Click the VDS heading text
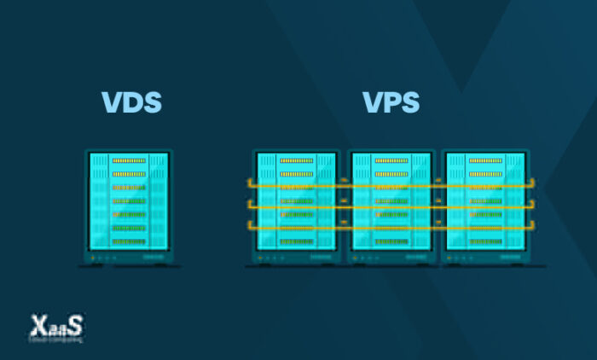pos(131,102)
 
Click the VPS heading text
pos(391,102)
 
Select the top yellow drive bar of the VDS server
pos(129,160)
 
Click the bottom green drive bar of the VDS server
pos(129,242)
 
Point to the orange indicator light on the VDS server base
pos(94,257)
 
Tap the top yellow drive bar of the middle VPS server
pos(391,160)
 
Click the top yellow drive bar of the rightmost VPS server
pos(485,160)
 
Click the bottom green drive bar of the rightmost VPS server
pos(485,242)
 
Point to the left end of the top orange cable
pos(249,183)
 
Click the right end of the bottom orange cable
pos(534,225)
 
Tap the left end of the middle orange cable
pos(249,205)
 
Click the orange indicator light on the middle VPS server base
pos(357,257)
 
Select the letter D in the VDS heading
pos(131,102)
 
